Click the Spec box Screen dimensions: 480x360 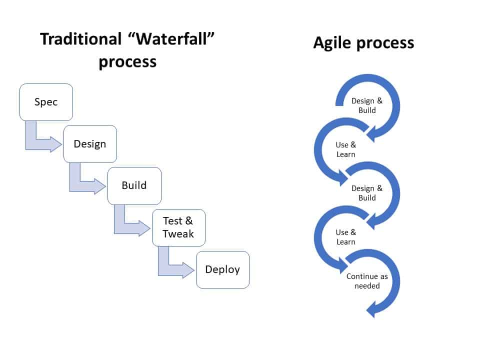(x=46, y=102)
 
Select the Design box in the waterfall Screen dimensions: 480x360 (x=90, y=144)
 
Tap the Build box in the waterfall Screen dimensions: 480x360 (x=134, y=186)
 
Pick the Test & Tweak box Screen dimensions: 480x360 (x=179, y=228)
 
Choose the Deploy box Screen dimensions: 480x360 (x=223, y=269)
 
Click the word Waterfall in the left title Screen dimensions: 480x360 (x=171, y=39)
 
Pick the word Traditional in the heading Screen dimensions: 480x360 (x=81, y=39)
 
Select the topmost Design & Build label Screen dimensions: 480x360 (x=367, y=105)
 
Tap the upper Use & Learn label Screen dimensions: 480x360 (x=346, y=149)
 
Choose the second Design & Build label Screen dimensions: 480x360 (x=367, y=193)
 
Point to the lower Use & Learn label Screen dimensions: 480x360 (x=346, y=237)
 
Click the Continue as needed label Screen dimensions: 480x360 (x=367, y=281)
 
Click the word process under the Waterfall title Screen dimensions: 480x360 (x=127, y=62)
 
